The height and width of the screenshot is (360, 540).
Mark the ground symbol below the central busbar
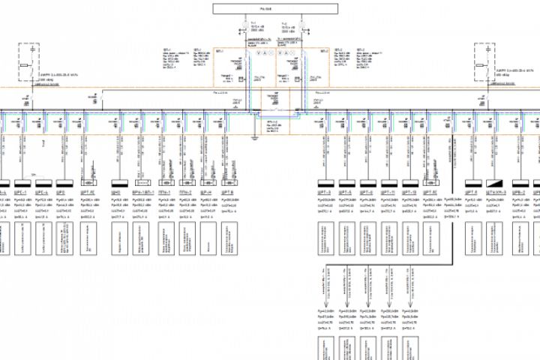pos(254,137)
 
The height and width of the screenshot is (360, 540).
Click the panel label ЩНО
pos(117,192)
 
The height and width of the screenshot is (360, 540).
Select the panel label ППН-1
pos(164,192)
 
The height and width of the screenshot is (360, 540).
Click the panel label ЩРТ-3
pos(325,192)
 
